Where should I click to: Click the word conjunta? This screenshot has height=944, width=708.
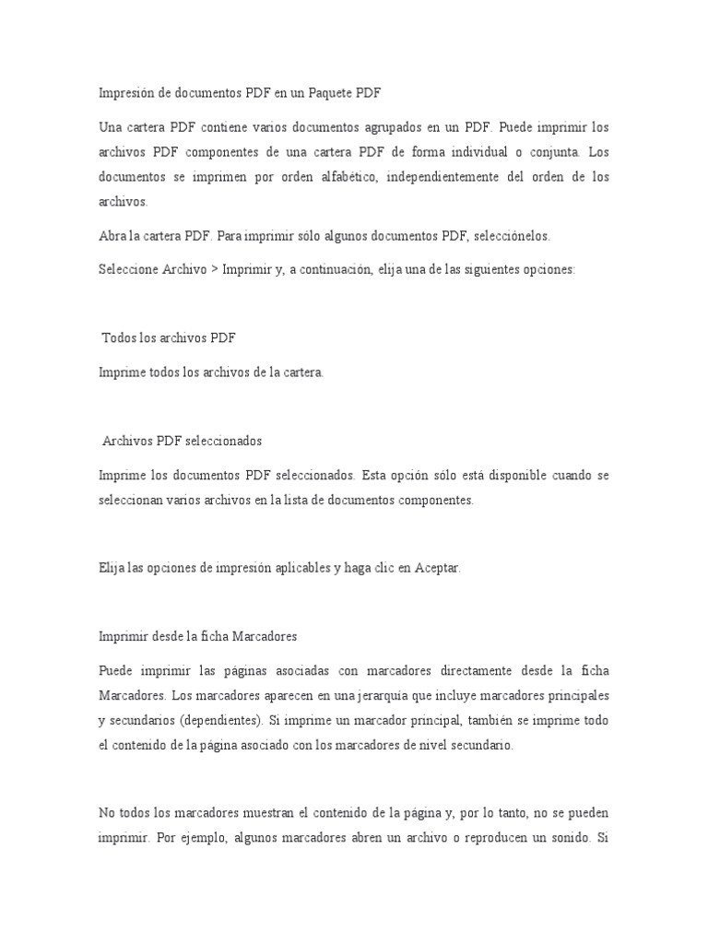(549, 151)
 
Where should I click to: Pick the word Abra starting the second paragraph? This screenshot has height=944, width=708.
(112, 236)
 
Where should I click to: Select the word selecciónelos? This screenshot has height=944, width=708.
(513, 236)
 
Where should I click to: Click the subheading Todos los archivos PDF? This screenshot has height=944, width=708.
(170, 338)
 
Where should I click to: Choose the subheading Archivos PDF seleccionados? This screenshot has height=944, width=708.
(183, 442)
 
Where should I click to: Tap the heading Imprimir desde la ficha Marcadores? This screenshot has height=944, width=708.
(196, 636)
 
